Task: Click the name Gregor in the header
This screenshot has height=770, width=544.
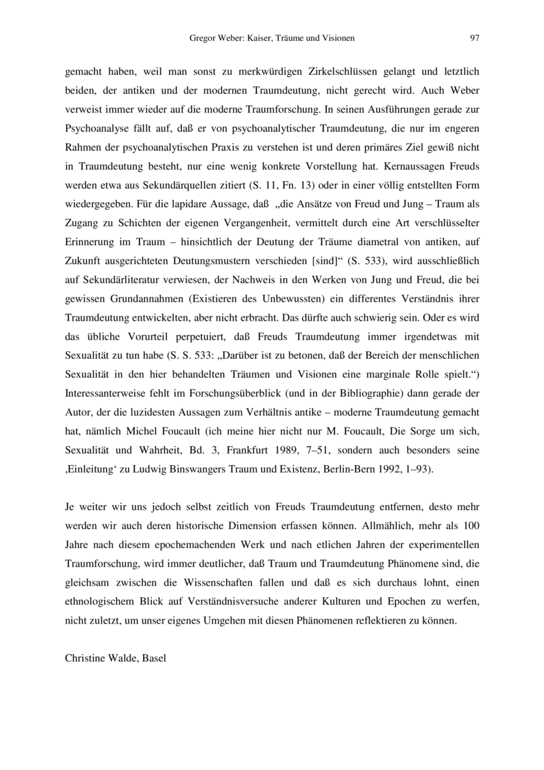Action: point(202,38)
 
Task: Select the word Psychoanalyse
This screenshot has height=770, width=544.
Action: point(95,126)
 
